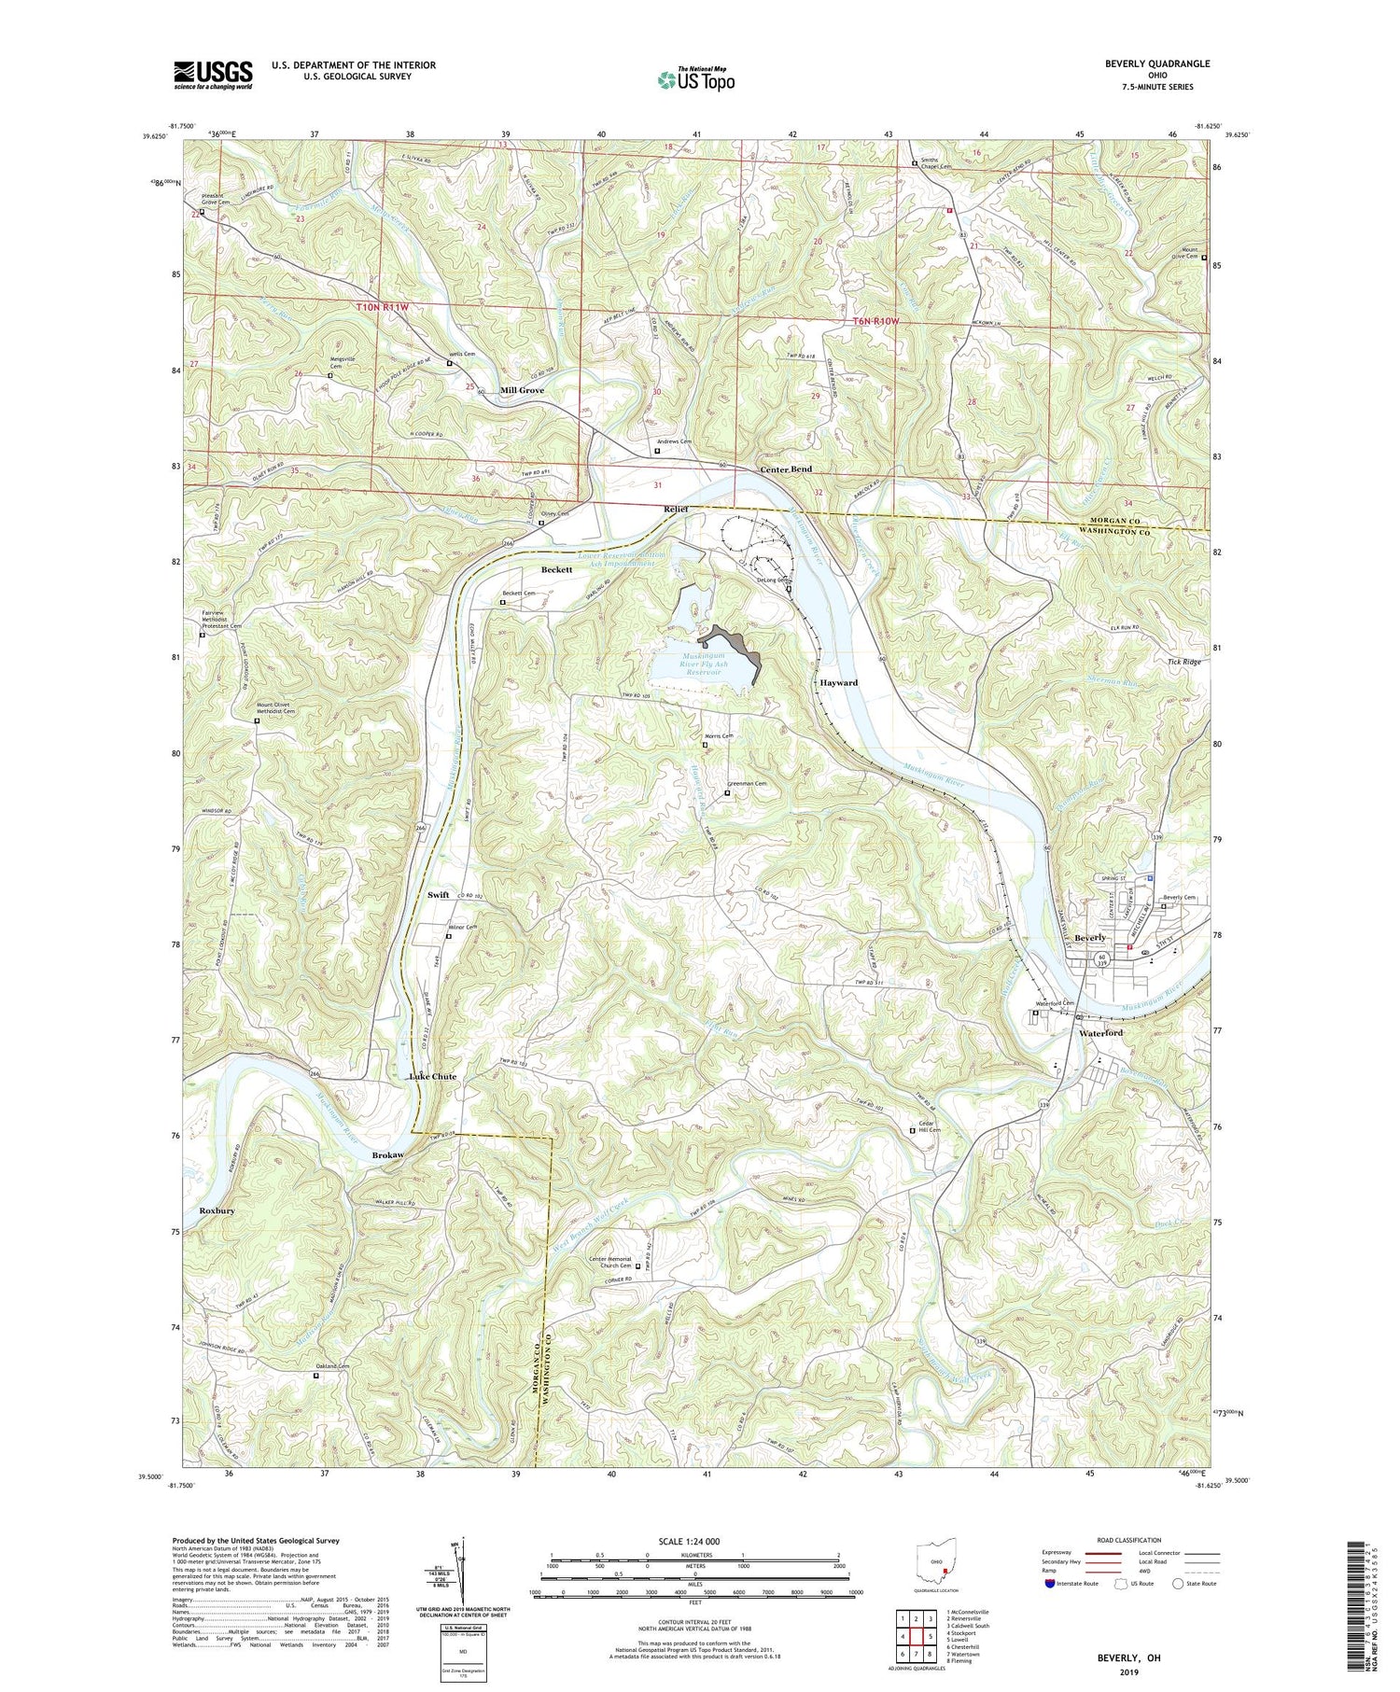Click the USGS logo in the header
pos(213,75)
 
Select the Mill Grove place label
pos(522,390)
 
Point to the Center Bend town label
pos(785,468)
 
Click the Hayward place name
pos(838,682)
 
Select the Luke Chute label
pos(432,1076)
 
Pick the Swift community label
pos(439,894)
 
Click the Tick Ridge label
pos(1183,662)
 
